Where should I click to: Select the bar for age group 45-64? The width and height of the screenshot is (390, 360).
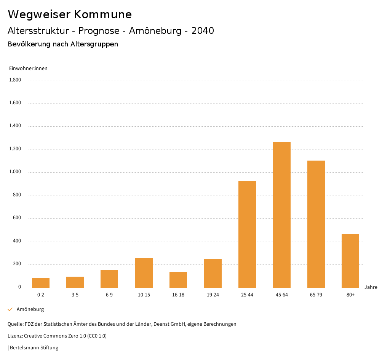click(x=281, y=215)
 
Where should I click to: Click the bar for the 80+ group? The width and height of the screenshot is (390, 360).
click(x=350, y=261)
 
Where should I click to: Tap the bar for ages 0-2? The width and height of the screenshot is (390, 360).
click(x=41, y=283)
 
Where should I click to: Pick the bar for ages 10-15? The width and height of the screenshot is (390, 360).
click(x=144, y=273)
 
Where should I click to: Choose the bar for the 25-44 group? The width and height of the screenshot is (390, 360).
click(x=247, y=234)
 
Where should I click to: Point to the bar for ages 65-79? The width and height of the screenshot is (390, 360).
click(x=316, y=224)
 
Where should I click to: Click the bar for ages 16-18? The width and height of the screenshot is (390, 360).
click(x=178, y=280)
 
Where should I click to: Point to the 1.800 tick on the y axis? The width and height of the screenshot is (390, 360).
click(x=15, y=80)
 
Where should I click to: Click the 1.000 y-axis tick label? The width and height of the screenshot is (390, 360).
click(x=15, y=172)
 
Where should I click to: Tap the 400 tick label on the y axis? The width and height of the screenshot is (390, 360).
click(x=17, y=241)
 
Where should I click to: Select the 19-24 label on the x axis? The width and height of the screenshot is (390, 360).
click(x=213, y=295)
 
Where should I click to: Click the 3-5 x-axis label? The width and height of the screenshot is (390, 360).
click(x=75, y=295)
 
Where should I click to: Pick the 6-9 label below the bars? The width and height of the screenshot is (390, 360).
click(x=109, y=295)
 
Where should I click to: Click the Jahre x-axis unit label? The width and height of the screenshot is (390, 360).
click(x=371, y=287)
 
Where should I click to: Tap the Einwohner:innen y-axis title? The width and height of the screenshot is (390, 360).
click(x=28, y=68)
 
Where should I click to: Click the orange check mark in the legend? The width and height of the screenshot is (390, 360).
click(x=10, y=309)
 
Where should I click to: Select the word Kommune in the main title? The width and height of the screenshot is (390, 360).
click(x=103, y=14)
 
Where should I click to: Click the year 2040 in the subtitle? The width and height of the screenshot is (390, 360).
click(x=203, y=31)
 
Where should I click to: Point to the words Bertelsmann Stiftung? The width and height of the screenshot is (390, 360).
click(x=34, y=347)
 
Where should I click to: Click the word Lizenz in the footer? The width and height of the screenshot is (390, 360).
click(x=15, y=336)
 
